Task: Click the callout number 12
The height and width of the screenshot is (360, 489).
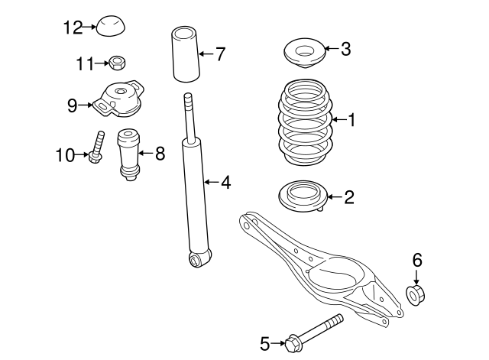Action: [72, 28]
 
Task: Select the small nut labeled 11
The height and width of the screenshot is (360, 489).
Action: [117, 61]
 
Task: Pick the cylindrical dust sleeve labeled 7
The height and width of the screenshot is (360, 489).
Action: [183, 55]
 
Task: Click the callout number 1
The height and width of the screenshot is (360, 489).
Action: [351, 118]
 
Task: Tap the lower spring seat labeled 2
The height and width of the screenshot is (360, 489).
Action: [303, 196]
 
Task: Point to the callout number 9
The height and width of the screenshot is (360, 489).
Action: [73, 105]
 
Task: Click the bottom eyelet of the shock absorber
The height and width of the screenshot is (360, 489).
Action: [199, 260]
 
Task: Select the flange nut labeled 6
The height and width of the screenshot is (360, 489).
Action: [416, 294]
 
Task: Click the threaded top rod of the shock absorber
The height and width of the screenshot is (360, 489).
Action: [189, 115]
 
